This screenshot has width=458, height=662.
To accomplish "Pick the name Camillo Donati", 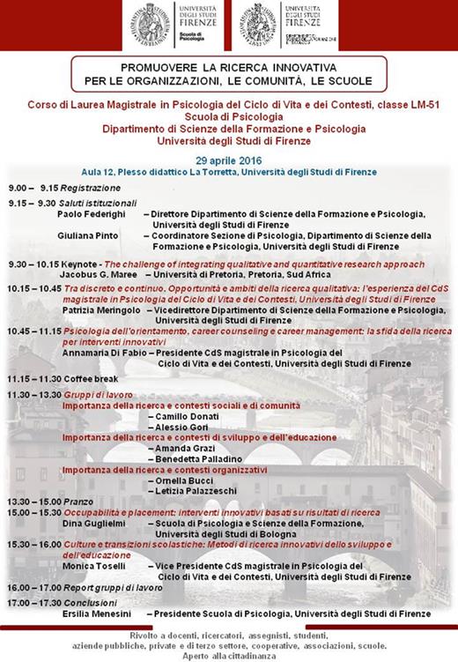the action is tap(186, 414).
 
